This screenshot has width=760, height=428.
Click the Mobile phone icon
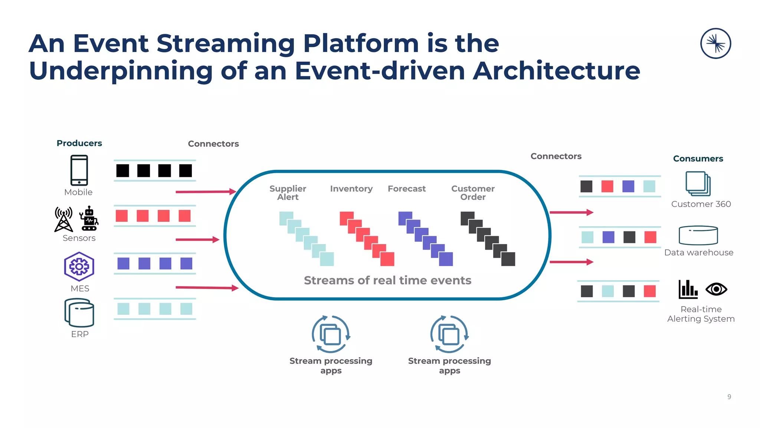pyautogui.click(x=79, y=170)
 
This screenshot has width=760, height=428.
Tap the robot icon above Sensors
pyautogui.click(x=89, y=219)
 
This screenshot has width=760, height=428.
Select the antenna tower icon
pyautogui.click(x=64, y=220)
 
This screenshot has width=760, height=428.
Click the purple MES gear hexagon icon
pyautogui.click(x=79, y=266)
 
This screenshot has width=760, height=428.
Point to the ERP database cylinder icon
pyautogui.click(x=79, y=313)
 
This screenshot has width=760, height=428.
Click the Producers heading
pyautogui.click(x=79, y=143)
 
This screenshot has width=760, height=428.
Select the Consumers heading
pyautogui.click(x=698, y=159)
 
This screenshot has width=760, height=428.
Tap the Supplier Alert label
pyautogui.click(x=288, y=193)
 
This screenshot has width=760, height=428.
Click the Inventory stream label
pyautogui.click(x=351, y=189)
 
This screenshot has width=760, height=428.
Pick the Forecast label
pyautogui.click(x=406, y=189)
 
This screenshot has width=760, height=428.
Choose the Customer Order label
pyautogui.click(x=472, y=193)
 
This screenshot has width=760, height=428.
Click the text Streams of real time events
pyautogui.click(x=387, y=280)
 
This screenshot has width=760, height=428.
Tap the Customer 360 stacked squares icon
pyautogui.click(x=698, y=184)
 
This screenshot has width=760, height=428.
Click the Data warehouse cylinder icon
pyautogui.click(x=698, y=236)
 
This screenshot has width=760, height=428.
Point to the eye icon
pyautogui.click(x=716, y=289)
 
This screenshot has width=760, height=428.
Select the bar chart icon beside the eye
pyautogui.click(x=688, y=289)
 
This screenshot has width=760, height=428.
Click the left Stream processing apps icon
pyautogui.click(x=331, y=334)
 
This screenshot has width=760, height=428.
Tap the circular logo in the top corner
pyautogui.click(x=715, y=43)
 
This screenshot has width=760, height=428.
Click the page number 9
pyautogui.click(x=729, y=397)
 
